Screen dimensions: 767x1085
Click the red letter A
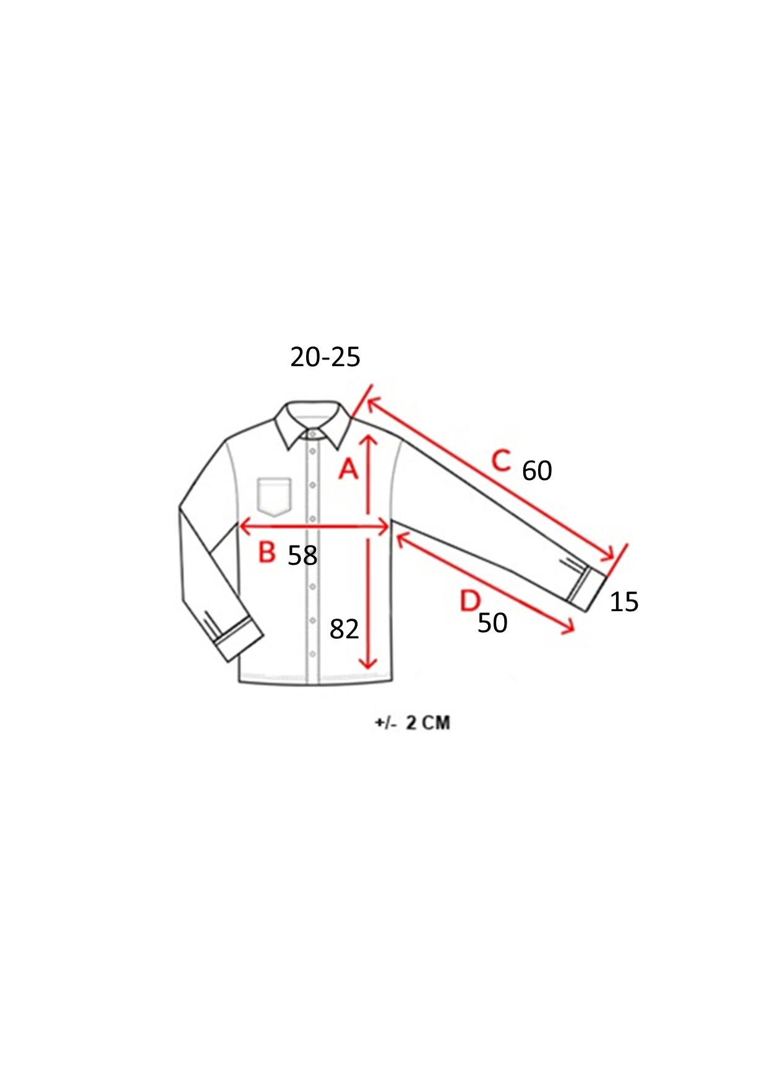click(x=348, y=468)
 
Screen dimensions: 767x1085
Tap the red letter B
click(x=267, y=551)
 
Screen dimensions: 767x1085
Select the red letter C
click(x=502, y=461)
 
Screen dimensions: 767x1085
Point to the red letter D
click(x=471, y=600)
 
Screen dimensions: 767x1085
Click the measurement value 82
click(x=344, y=629)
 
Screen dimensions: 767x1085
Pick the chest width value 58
click(x=302, y=555)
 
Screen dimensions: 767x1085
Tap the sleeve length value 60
click(x=537, y=471)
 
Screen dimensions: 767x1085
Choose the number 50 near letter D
click(x=492, y=623)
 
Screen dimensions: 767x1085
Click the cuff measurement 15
click(x=623, y=602)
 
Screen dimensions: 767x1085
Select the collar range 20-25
click(x=325, y=357)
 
